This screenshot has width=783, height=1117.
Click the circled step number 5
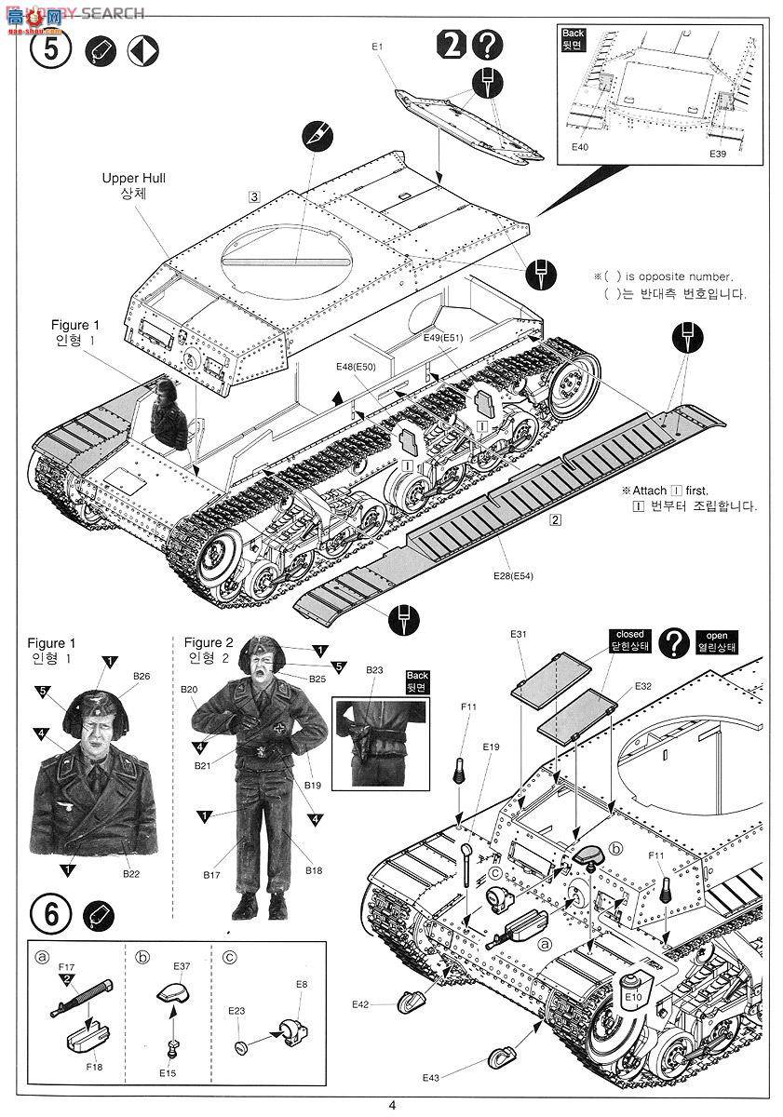click(x=49, y=49)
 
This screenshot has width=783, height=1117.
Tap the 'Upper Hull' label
click(x=134, y=177)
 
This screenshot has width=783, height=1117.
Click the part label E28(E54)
click(x=514, y=575)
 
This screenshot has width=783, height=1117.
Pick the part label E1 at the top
click(x=377, y=46)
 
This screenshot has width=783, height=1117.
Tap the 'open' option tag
click(x=717, y=636)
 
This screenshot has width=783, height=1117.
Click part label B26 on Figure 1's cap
click(x=142, y=676)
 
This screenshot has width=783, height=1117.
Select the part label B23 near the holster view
click(x=374, y=669)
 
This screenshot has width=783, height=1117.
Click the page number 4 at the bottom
click(x=392, y=1105)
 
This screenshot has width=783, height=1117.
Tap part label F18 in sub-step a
click(x=92, y=1067)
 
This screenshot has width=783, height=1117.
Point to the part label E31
click(x=519, y=634)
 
